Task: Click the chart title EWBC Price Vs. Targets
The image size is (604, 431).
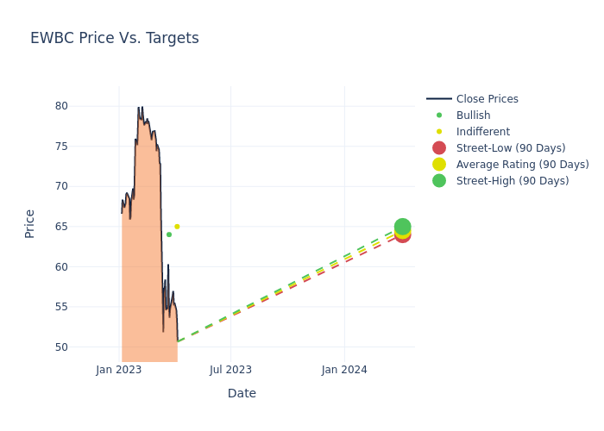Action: coord(115,38)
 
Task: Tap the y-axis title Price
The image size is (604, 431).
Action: coord(30,223)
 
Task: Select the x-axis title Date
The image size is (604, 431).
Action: coord(242,393)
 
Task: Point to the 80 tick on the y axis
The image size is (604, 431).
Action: coord(85,106)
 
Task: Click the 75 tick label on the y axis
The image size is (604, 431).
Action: coord(85,146)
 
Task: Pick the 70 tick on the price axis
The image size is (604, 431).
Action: coord(85,186)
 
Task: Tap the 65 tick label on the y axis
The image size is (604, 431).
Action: coord(85,227)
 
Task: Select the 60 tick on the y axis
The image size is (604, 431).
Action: coord(85,266)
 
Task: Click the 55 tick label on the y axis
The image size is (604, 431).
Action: coord(85,307)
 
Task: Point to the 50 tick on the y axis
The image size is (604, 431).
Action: coord(85,347)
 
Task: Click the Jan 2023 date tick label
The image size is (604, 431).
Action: coord(119,370)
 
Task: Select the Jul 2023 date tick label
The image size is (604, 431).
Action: coord(231,370)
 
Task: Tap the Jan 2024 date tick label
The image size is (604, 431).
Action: coord(344,370)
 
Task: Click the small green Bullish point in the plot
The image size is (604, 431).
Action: coord(169,234)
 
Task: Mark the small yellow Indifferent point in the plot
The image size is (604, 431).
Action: coord(177,227)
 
